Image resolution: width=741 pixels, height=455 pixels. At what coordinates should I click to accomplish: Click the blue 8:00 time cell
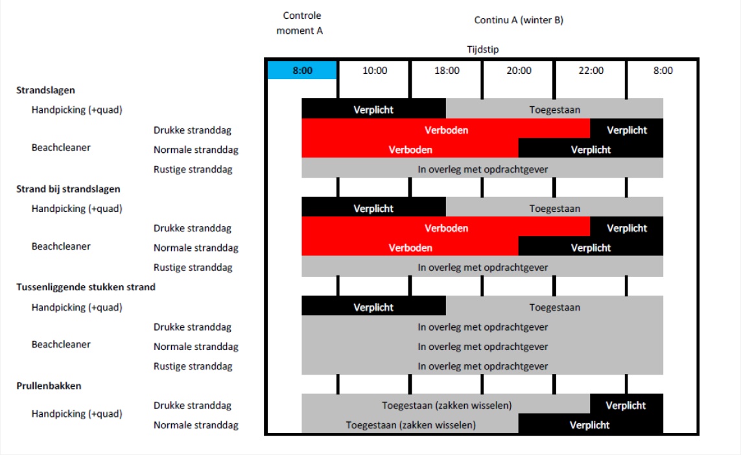point(302,71)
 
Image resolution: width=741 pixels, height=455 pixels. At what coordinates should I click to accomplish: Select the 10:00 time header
point(375,71)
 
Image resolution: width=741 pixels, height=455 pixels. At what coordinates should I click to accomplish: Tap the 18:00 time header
point(447,71)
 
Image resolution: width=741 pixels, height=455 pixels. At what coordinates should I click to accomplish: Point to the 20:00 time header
point(519,71)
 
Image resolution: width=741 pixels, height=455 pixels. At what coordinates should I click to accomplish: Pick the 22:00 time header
point(591,71)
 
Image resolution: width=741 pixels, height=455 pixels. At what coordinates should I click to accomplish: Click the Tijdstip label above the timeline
point(482,50)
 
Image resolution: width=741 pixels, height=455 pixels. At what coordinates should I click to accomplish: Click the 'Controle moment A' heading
point(300,23)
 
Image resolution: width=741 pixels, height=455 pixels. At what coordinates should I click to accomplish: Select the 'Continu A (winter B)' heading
point(519,20)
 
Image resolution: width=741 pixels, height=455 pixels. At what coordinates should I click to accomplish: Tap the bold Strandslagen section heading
point(45,90)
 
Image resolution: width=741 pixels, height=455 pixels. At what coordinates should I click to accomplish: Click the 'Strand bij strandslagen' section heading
point(68,189)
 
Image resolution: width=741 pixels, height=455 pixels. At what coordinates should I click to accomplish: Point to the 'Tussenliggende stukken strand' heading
point(86,286)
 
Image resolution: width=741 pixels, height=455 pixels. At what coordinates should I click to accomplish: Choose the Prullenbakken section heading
point(49,386)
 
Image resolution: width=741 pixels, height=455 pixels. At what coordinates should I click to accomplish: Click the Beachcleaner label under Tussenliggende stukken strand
point(61,344)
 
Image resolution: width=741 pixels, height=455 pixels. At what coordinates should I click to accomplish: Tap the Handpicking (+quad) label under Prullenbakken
point(76,414)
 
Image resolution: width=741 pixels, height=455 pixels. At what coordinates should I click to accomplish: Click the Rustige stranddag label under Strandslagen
point(193,169)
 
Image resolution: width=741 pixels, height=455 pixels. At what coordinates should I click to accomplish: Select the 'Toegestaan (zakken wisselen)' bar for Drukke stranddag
point(445,405)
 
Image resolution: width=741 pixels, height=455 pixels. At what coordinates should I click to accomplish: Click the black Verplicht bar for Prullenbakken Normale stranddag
point(591,425)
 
